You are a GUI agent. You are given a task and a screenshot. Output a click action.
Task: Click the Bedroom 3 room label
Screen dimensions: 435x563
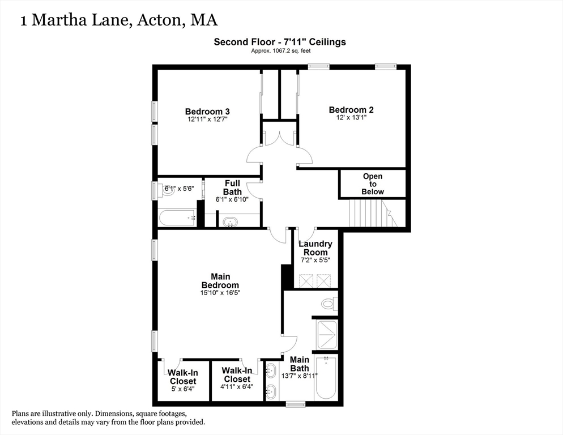[207, 111]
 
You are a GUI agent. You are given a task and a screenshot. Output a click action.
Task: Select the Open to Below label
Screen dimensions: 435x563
[373, 184]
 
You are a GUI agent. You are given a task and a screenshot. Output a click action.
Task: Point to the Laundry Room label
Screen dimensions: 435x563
[315, 248]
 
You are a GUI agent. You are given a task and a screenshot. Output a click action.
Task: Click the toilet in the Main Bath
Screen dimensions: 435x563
[329, 304]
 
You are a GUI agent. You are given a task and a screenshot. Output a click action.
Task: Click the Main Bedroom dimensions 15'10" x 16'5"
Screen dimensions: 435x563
[220, 293]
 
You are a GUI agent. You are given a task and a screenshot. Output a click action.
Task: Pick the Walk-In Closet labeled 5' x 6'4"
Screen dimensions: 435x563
[182, 381]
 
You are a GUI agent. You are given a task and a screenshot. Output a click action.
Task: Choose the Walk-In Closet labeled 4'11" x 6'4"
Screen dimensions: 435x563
[237, 378]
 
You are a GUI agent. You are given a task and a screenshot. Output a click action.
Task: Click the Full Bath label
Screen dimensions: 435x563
[232, 187]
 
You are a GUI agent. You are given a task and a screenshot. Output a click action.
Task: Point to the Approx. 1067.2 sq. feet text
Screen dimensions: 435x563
[280, 51]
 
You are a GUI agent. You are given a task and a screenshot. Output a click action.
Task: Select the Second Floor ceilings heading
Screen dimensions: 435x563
[280, 41]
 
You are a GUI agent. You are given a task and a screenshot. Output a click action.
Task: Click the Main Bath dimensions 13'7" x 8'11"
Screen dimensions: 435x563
[299, 376]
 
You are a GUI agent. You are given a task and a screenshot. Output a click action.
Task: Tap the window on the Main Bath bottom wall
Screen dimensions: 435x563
[295, 404]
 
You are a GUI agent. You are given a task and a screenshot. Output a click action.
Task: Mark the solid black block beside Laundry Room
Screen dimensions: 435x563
[286, 276]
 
